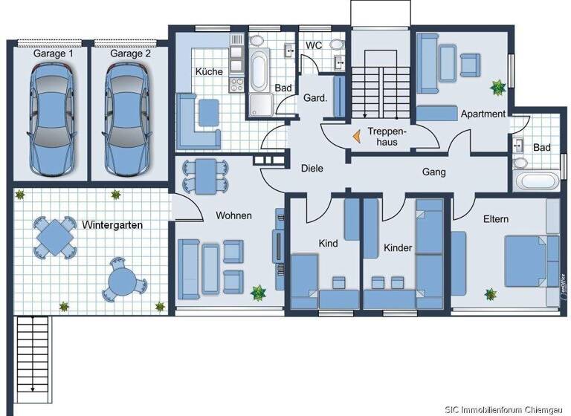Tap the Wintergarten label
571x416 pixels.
point(113,224)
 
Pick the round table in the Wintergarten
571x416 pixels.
point(122,281)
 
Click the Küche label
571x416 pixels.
point(209,72)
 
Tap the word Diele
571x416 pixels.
point(312,169)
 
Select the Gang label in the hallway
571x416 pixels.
point(433,172)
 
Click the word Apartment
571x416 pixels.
point(483,114)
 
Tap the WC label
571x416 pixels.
point(314,45)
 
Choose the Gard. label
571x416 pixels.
point(315,98)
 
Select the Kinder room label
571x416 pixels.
point(398,247)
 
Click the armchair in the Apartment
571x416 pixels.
point(471,65)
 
